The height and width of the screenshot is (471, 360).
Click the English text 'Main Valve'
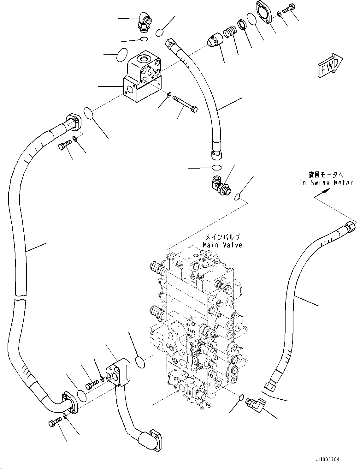[222, 245]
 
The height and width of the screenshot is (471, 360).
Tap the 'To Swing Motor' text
[326, 183]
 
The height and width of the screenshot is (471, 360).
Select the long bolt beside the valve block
[186, 103]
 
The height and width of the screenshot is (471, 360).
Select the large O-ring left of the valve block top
[122, 56]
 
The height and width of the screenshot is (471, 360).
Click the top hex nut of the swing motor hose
[351, 226]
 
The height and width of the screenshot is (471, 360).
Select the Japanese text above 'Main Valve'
[222, 237]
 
